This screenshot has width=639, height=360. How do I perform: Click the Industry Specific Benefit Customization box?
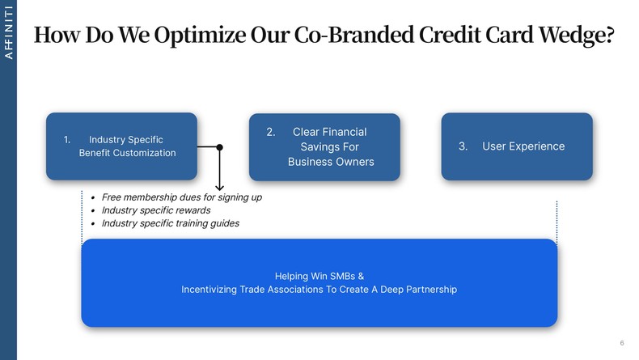(121, 146)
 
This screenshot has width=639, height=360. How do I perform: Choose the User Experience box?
(516, 146)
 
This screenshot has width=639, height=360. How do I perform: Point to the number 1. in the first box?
(69, 140)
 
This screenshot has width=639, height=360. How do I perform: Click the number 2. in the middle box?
(272, 132)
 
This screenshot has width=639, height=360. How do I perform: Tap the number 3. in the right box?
(463, 146)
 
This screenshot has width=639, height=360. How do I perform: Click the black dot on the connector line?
(219, 147)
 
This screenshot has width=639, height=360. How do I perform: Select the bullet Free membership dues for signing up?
(181, 197)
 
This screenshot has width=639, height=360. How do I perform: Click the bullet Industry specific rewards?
(155, 210)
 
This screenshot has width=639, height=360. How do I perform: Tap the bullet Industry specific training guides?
(170, 223)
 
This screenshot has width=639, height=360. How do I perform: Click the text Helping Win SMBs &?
(319, 275)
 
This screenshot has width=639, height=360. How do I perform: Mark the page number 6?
(621, 343)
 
